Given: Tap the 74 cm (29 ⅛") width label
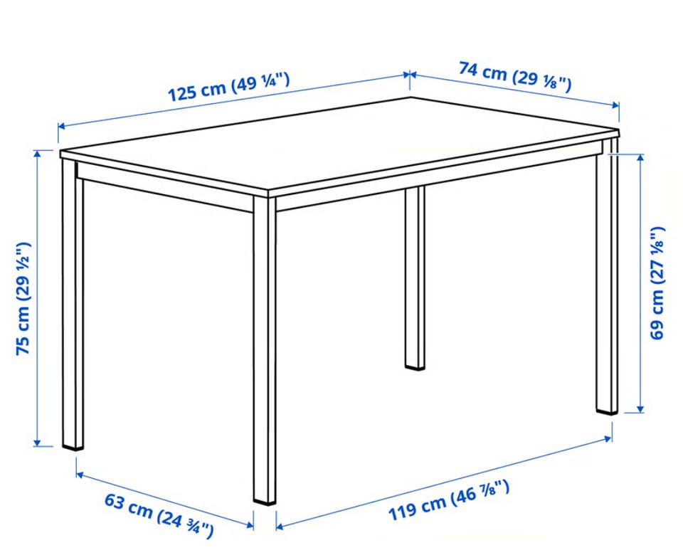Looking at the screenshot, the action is (515, 77).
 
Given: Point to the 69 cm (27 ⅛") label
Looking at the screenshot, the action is (657, 282).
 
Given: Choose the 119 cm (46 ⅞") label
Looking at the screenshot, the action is (449, 500).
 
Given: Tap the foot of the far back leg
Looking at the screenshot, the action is (415, 366).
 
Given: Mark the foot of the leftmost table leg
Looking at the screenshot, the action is (73, 445).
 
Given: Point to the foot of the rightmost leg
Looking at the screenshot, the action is (607, 410).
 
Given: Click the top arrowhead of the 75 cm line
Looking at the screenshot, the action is (38, 154).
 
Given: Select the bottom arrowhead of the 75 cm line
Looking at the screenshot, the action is (38, 443).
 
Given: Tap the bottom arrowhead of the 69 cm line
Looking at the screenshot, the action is (640, 408).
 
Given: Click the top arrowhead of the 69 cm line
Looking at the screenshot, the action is (640, 158).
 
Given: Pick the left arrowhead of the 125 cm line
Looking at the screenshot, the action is (62, 127).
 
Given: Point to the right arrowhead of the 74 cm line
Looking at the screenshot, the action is (615, 105).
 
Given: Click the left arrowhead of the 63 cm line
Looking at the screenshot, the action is (80, 474).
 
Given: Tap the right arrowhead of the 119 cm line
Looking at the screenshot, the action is (608, 438).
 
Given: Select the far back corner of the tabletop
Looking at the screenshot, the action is (411, 97).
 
